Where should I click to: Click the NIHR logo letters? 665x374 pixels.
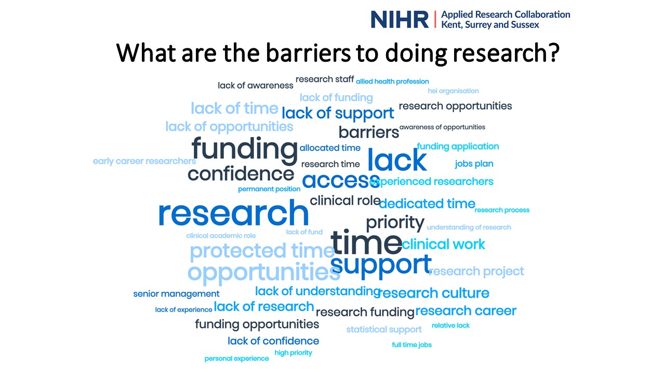point(400,20)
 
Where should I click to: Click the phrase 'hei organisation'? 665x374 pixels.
point(453,91)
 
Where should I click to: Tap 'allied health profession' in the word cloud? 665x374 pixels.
point(392,82)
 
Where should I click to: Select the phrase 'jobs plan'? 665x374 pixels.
point(474,164)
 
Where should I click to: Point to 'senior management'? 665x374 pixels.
point(176,294)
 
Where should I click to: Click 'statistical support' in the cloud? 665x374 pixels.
point(384,329)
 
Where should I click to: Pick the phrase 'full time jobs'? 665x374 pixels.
point(411,345)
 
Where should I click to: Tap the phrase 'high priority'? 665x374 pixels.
point(293,353)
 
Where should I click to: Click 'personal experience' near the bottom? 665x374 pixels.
point(236,358)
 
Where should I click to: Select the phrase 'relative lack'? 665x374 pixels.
point(450,325)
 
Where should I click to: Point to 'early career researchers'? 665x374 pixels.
point(144,161)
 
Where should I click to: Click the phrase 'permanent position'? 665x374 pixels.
point(269,189)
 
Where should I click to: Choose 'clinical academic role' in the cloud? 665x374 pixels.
point(221,236)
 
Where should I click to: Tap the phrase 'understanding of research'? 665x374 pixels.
point(469,228)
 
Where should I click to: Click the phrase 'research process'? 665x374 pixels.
point(502,210)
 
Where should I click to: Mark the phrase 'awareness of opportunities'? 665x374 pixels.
point(442,127)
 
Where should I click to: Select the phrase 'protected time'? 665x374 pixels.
point(262,251)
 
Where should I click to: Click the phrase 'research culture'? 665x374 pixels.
point(433,293)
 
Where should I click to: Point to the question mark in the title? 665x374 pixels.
point(552,52)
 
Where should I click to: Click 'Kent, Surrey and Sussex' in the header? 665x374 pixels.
point(490,24)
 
